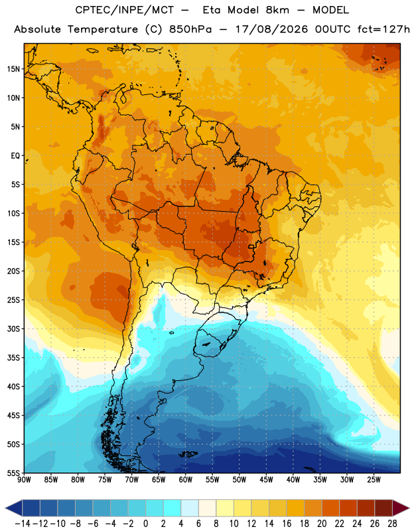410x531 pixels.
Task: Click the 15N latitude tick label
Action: tap(13, 69)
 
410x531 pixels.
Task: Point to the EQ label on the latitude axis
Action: tap(15, 156)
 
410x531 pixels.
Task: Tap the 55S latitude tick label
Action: tap(13, 473)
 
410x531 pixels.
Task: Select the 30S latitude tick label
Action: tap(13, 329)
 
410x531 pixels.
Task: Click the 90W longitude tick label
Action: tap(25, 480)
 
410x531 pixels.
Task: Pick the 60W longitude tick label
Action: tap(186, 480)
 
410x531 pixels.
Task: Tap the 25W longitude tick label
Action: tap(374, 480)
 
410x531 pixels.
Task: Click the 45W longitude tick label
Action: tap(266, 480)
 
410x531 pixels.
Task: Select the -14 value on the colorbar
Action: tap(23, 524)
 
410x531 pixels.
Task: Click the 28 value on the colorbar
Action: tap(392, 524)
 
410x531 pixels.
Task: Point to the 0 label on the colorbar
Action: tap(145, 524)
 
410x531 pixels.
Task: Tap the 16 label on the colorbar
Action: tap(287, 524)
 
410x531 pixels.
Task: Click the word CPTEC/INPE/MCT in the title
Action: tap(124, 10)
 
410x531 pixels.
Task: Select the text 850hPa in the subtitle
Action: tap(190, 29)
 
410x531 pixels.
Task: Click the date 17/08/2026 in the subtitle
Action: tap(271, 29)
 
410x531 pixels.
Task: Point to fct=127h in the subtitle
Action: tap(383, 29)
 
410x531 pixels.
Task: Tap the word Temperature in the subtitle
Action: tap(103, 29)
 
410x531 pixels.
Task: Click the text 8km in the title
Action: tap(277, 10)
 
